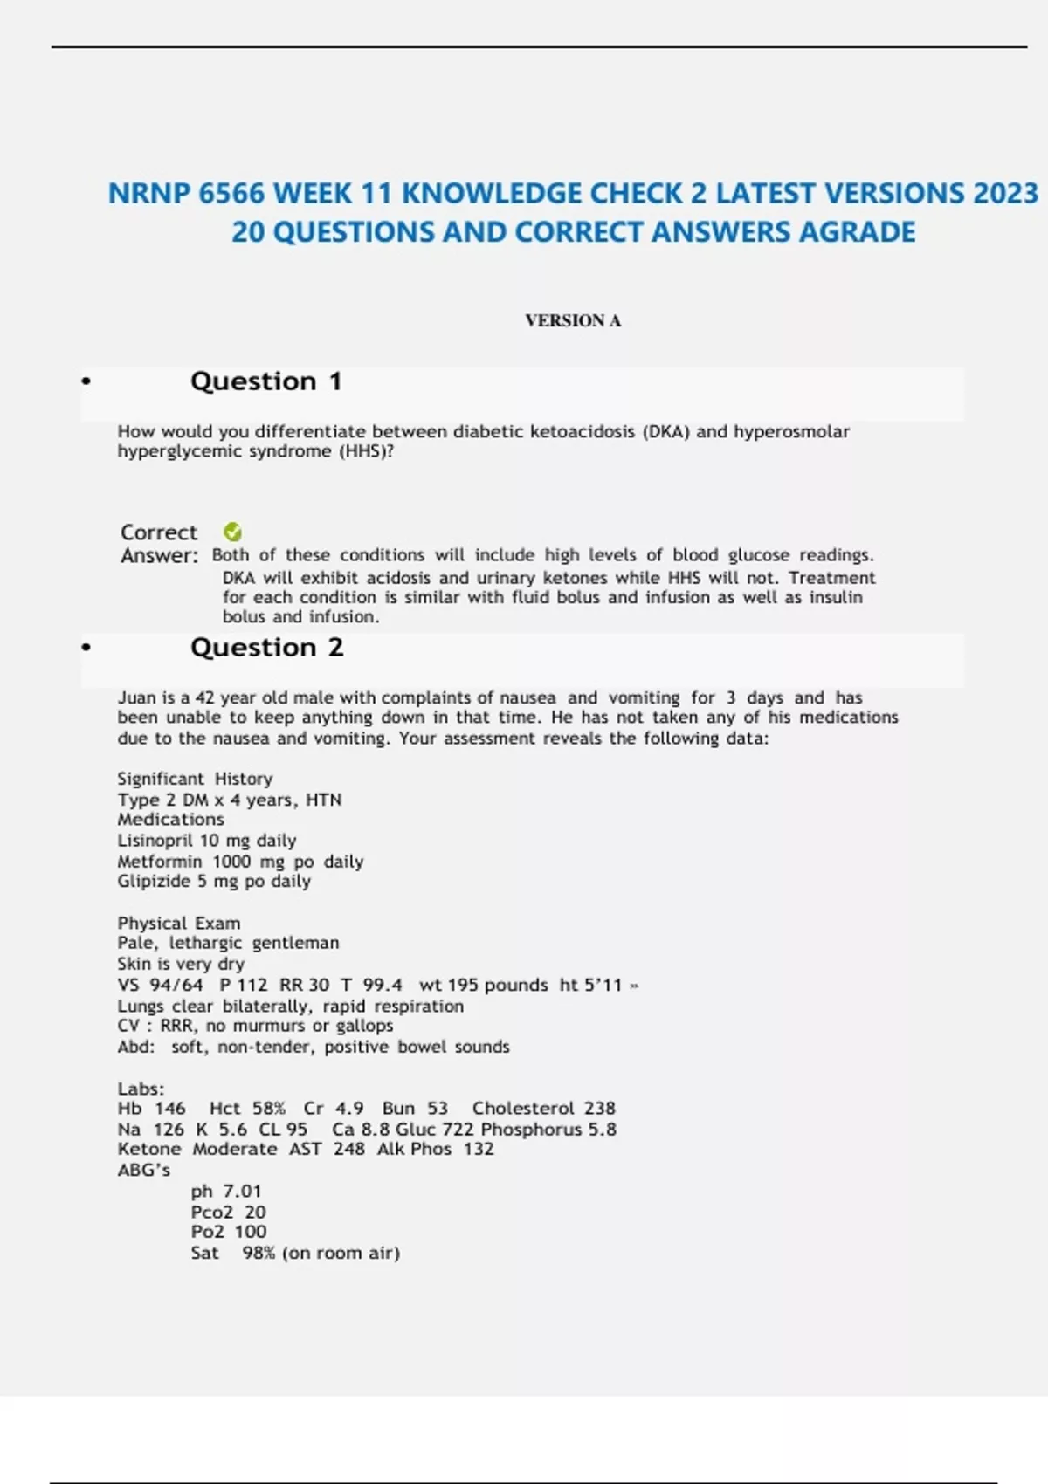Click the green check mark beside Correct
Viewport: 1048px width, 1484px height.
(x=232, y=532)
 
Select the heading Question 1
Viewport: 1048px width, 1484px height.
(x=265, y=381)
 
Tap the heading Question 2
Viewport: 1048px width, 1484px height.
(x=266, y=648)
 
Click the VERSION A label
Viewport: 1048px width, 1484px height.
(x=573, y=321)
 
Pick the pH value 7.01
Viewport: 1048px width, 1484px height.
(x=242, y=1192)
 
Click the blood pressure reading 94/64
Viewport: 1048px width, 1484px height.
(x=176, y=986)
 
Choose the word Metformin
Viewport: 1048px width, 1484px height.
(x=159, y=862)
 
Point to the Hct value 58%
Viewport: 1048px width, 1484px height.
(x=269, y=1109)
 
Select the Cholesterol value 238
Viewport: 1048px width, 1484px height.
(x=599, y=1109)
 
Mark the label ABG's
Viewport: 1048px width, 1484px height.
(x=144, y=1171)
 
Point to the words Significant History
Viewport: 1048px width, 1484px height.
(x=195, y=779)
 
